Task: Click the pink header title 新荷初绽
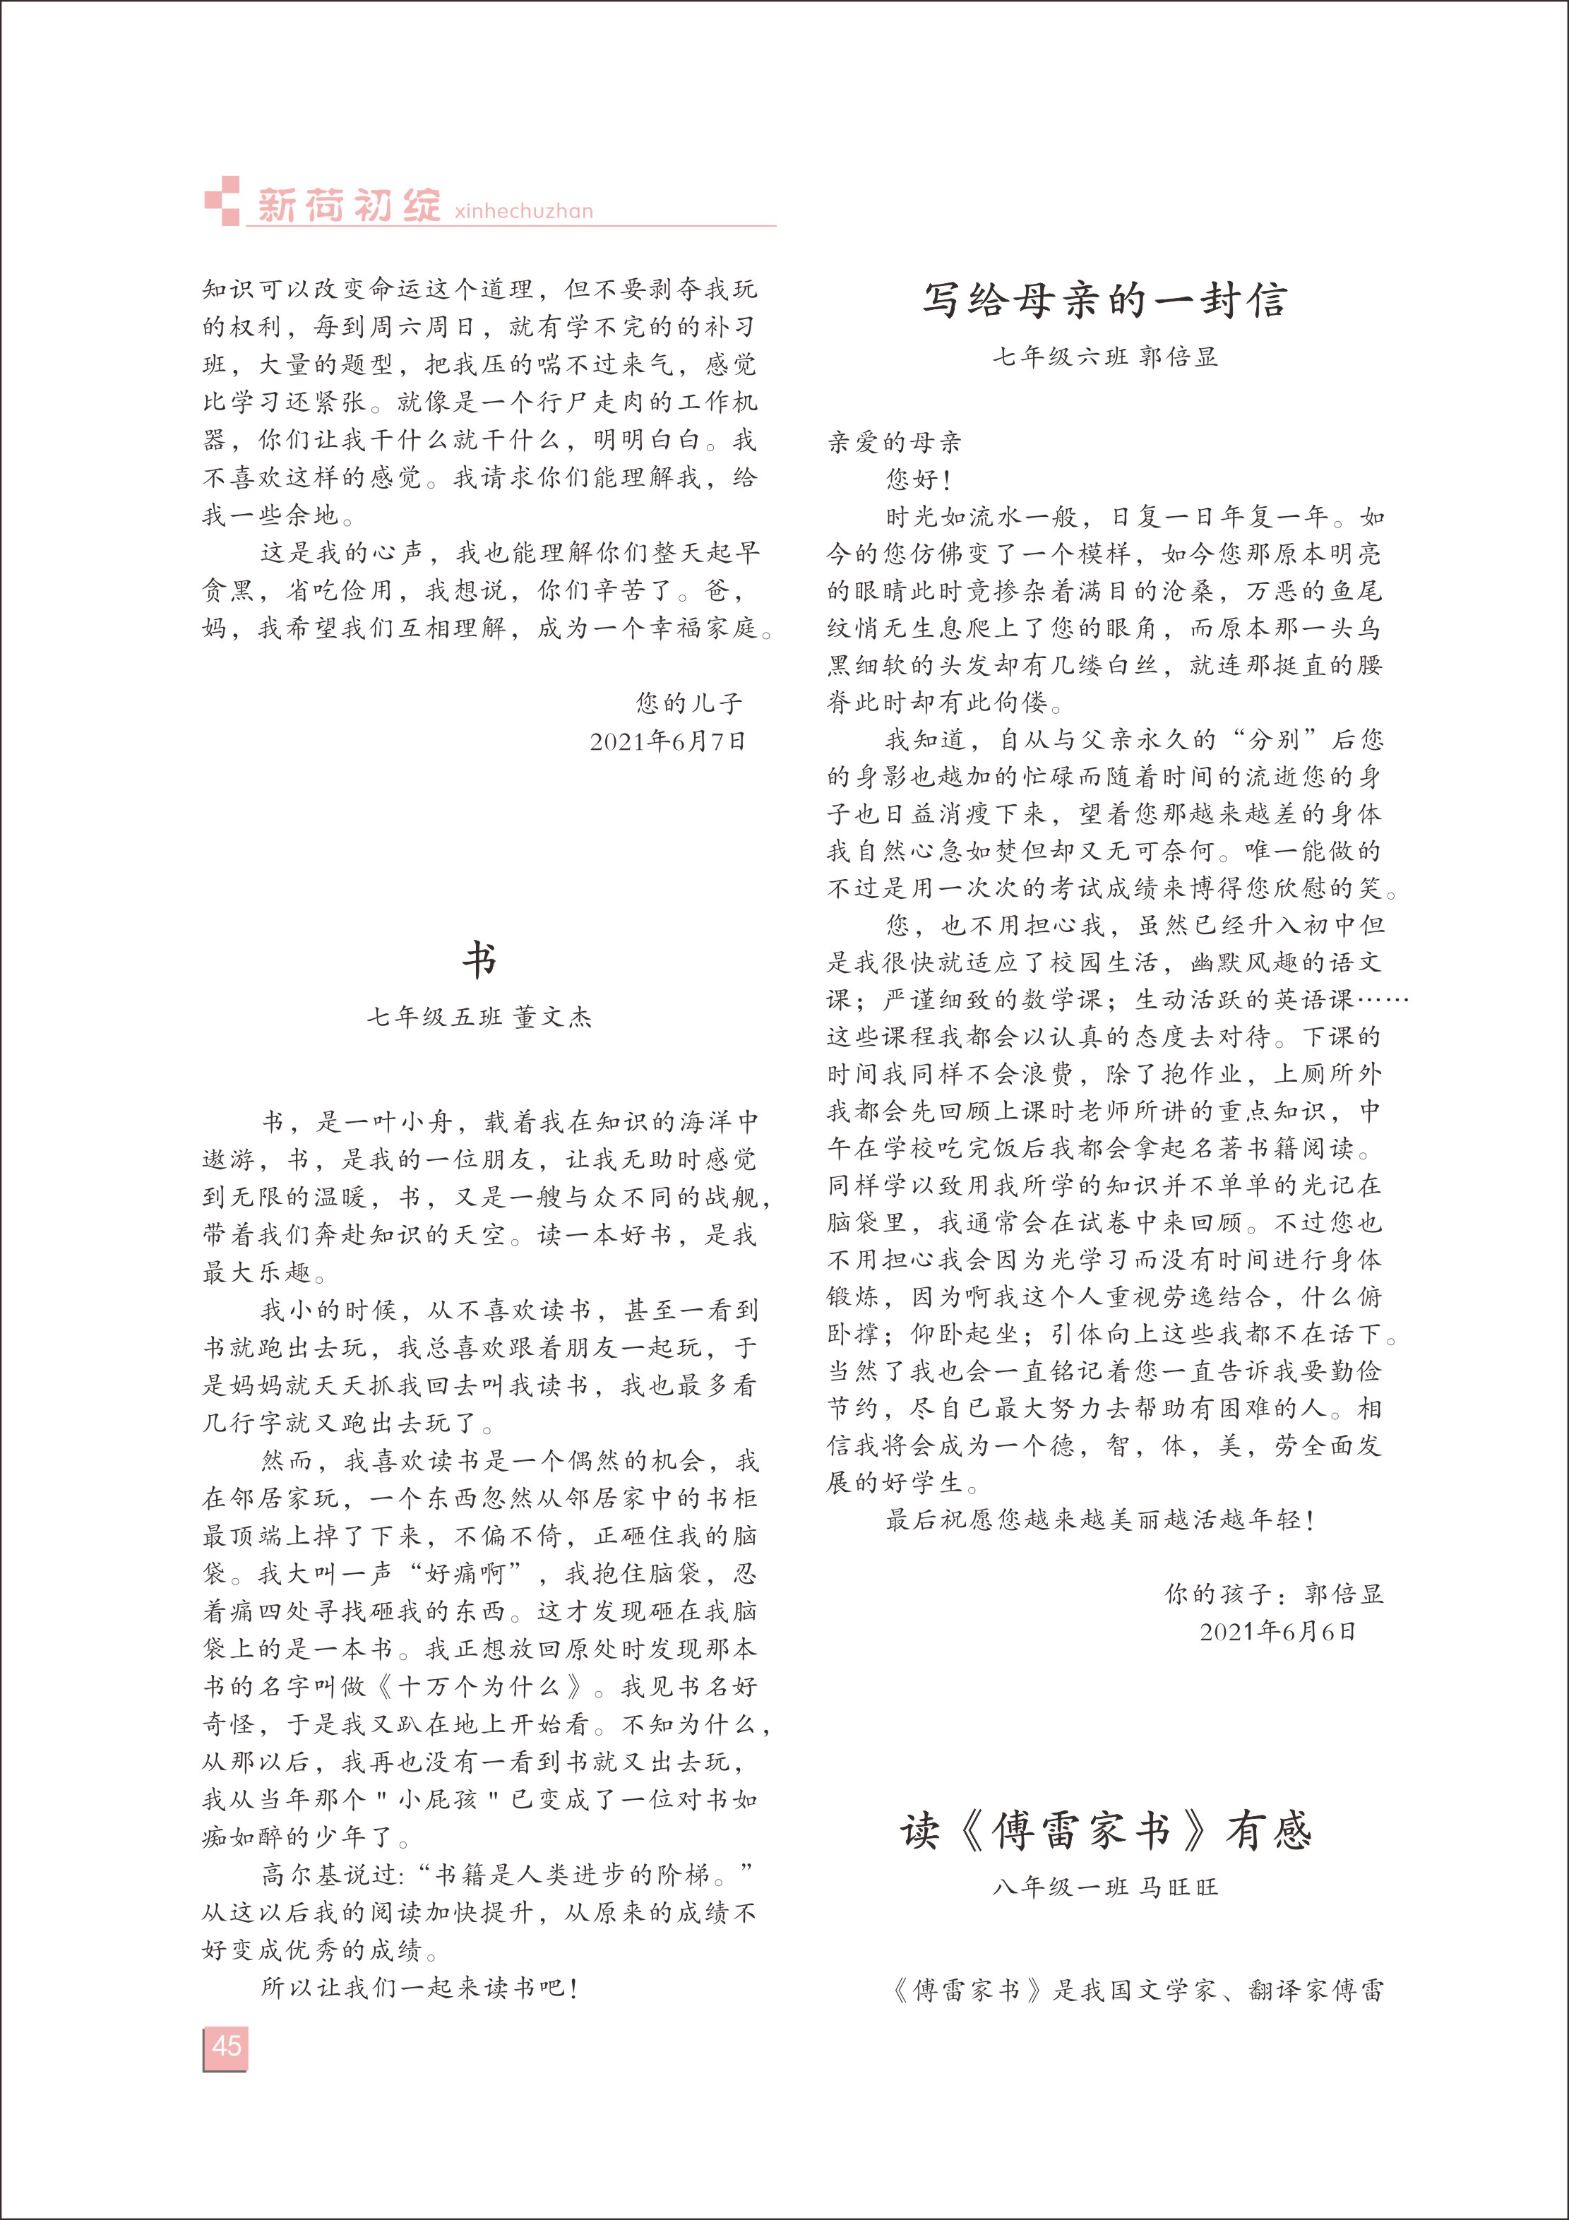coord(348,205)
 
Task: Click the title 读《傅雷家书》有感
coord(1105,1830)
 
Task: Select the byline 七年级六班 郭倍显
coord(1105,357)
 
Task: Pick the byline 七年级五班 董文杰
coord(479,1016)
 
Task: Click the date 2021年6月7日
coord(668,741)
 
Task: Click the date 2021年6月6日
coord(1278,1632)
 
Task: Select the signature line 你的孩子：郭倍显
coord(1273,1594)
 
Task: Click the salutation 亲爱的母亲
coord(894,443)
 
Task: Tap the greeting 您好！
coord(919,479)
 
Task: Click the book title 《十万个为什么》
coord(480,1686)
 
